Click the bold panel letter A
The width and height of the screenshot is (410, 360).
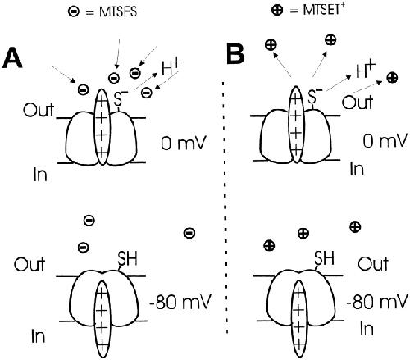12,57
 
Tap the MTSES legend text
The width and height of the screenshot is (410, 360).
111,12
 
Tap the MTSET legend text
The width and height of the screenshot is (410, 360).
317,10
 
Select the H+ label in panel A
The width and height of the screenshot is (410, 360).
171,67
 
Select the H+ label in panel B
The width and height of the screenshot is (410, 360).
366,71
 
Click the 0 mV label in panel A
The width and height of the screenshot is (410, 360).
183,143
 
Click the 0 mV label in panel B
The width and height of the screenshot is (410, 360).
385,140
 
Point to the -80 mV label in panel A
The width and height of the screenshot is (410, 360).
180,302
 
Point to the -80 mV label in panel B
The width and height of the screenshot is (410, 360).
376,302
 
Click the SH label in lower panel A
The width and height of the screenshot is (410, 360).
127,257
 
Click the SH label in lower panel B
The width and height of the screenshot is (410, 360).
324,257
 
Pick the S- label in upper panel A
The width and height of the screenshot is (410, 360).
120,98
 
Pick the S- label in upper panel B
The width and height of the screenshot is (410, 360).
315,96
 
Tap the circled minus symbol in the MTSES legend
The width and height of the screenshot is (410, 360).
74,11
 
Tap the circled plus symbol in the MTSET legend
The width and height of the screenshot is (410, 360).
277,10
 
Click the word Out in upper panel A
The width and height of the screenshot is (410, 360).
39,110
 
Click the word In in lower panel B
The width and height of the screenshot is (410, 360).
367,329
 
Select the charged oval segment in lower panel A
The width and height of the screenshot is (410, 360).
102,319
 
